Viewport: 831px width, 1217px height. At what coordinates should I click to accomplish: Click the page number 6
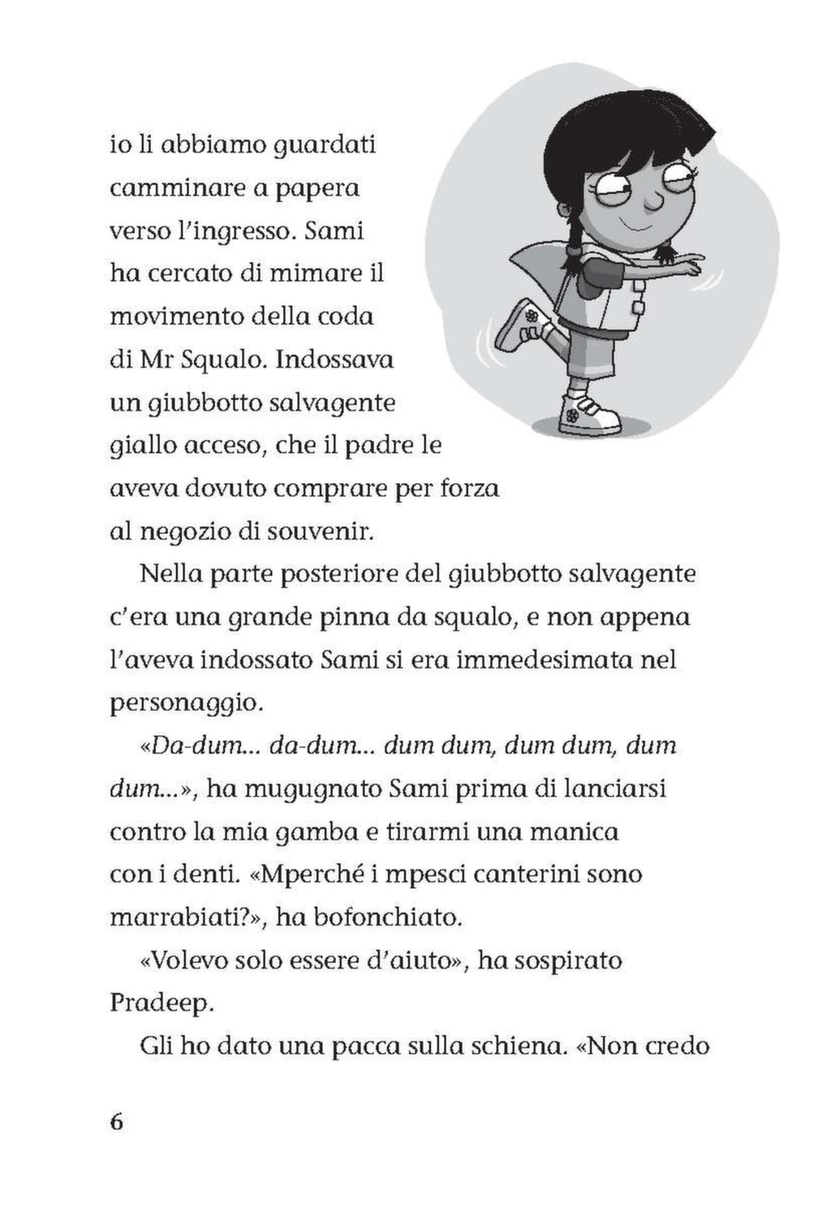click(x=116, y=1123)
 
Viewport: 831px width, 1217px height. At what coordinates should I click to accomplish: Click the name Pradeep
click(x=161, y=1003)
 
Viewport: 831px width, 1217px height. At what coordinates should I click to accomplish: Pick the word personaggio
click(x=186, y=702)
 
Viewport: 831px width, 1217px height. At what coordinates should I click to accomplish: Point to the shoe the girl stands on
click(x=590, y=413)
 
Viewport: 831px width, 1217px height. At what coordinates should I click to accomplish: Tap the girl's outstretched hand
click(x=708, y=264)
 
